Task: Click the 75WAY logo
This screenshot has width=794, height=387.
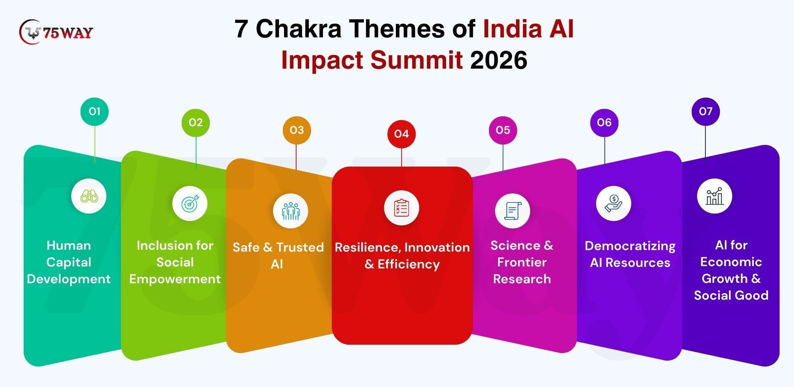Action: [56, 32]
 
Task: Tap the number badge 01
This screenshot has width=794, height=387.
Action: [95, 111]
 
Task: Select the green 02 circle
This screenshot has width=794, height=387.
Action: [195, 122]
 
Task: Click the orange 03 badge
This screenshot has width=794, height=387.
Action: [297, 130]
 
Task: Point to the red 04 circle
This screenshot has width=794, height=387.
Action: [402, 134]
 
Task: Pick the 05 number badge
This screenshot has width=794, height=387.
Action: [503, 130]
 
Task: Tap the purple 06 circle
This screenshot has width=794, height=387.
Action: [604, 122]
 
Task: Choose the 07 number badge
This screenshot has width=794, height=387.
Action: [705, 111]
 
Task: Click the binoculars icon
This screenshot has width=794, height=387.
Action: [89, 196]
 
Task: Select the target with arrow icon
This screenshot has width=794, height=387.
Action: [190, 204]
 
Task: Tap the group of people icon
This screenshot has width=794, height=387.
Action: [290, 211]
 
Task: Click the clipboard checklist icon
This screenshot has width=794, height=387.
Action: [402, 208]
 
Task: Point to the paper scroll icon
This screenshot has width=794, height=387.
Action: [513, 211]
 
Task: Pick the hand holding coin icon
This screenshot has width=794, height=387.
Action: [613, 204]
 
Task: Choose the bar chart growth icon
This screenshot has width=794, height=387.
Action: [715, 196]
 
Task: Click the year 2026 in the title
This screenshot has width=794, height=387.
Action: [499, 60]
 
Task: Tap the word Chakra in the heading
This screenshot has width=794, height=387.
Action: [299, 29]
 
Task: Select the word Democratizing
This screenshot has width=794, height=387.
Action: [630, 246]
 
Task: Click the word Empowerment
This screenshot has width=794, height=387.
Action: [175, 279]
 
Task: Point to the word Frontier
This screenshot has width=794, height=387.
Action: [522, 262]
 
